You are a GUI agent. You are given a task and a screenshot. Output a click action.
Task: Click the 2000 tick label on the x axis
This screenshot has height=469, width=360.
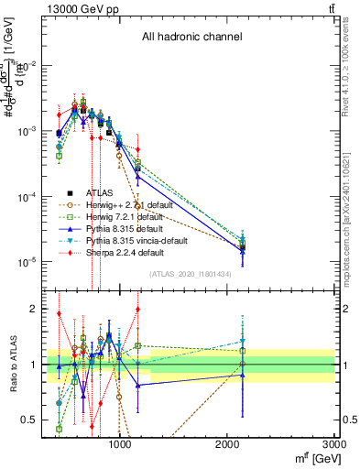coord(227,443)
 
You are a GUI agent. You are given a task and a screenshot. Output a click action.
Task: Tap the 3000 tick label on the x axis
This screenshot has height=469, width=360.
coord(333,443)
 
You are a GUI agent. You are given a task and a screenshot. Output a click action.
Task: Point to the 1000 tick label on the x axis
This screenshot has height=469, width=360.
coord(120,443)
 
